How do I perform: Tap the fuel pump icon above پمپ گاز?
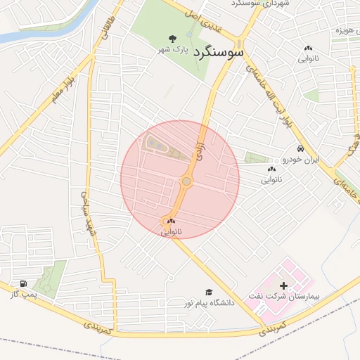pyautogui.click(x=24, y=284)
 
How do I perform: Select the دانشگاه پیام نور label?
pyautogui.click(x=208, y=303)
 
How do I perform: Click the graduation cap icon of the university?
pyautogui.click(x=208, y=292)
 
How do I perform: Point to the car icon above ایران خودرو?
pyautogui.click(x=300, y=149)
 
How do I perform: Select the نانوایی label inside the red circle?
pyautogui.click(x=171, y=231)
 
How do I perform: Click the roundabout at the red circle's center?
pyautogui.click(x=186, y=181)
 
